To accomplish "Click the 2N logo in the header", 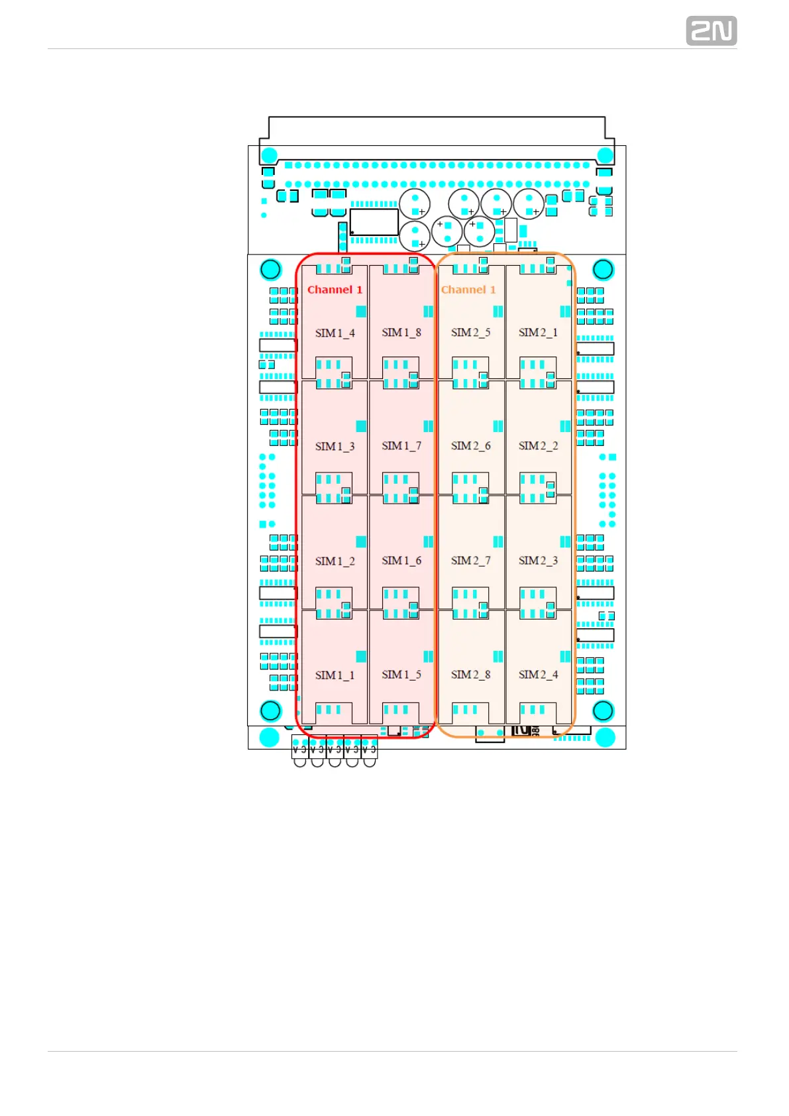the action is point(711,31).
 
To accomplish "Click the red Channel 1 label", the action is point(335,290).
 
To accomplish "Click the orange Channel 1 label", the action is point(468,290).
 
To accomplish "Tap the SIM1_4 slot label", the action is point(335,333).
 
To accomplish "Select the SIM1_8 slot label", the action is point(401,332).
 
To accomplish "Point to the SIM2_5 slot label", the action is point(470,332).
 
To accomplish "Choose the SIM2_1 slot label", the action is point(538,332).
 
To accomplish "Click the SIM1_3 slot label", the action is point(335,446).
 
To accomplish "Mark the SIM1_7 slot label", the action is point(401,445).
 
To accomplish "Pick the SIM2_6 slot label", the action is point(470,445).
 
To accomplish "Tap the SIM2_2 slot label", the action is point(538,445).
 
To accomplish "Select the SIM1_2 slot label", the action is point(335,561).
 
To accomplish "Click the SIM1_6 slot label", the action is point(401,560).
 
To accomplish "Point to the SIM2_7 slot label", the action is point(470,560).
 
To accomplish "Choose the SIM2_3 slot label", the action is point(538,560).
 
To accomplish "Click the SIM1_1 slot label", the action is point(335,675).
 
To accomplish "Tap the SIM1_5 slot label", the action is point(401,674).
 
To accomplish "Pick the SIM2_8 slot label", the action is point(470,674).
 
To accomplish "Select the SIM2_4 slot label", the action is point(538,674).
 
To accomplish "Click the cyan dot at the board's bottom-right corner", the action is point(605,737).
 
